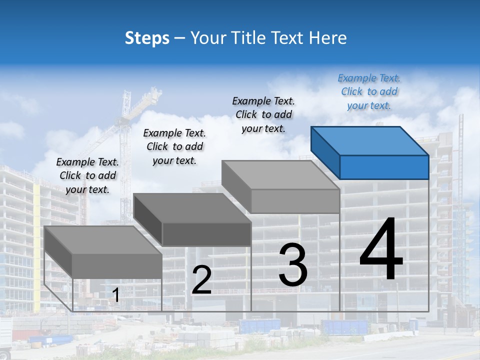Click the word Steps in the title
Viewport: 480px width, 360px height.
point(147,38)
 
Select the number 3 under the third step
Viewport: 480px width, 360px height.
point(293,265)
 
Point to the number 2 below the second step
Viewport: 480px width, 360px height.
point(201,280)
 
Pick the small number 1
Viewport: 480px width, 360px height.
point(115,295)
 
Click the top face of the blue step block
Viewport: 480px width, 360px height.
point(369,141)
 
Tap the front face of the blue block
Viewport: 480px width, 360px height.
point(384,167)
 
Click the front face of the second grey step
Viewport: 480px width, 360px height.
point(206,234)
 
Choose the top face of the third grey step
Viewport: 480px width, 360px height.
point(280,174)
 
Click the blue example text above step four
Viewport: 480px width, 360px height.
point(369,92)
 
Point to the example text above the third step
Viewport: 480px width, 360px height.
point(263,114)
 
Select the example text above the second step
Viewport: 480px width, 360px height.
point(174,146)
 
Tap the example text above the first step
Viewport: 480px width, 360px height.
point(87,175)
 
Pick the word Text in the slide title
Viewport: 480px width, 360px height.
point(289,38)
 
